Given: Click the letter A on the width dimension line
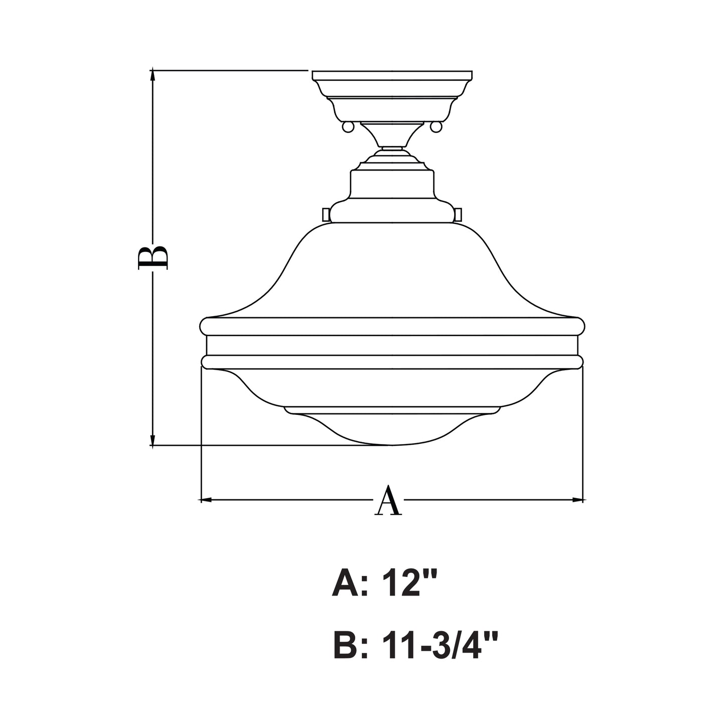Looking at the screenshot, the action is click(x=388, y=500).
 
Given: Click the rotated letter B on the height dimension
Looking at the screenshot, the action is click(x=153, y=258).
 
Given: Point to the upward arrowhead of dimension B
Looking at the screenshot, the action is click(x=153, y=76).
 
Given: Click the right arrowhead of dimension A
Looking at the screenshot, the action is click(x=577, y=500).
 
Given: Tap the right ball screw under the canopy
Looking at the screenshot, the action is click(x=436, y=127).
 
